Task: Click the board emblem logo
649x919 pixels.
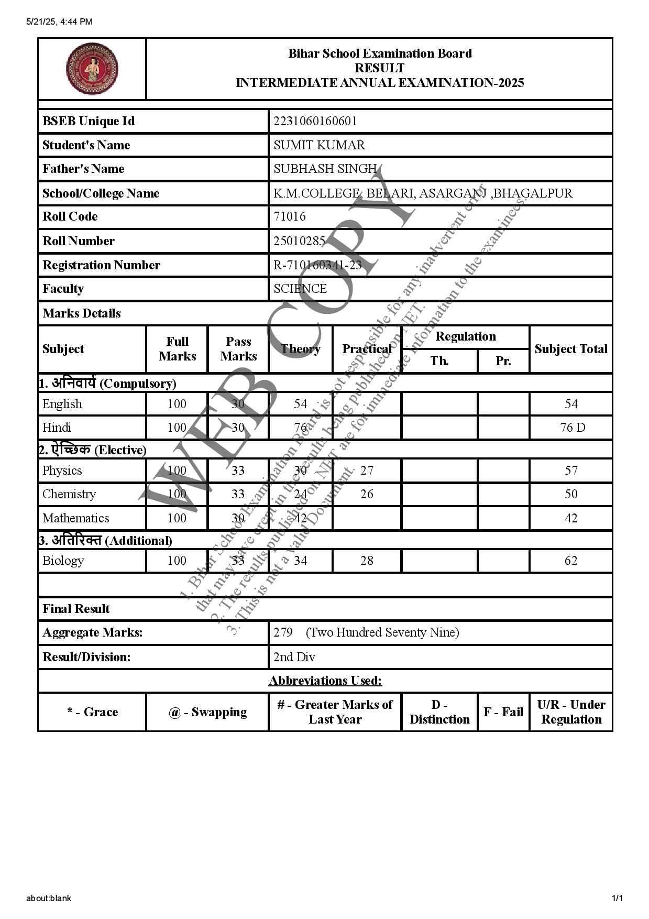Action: pyautogui.click(x=92, y=69)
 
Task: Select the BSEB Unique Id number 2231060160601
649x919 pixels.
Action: pyautogui.click(x=315, y=121)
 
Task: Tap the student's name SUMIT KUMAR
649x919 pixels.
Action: pyautogui.click(x=319, y=145)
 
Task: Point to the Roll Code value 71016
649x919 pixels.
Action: pyautogui.click(x=290, y=216)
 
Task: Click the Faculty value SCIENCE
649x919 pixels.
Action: pyautogui.click(x=300, y=289)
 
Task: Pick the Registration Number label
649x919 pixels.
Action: pyautogui.click(x=101, y=265)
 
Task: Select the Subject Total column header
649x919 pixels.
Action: pyautogui.click(x=571, y=349)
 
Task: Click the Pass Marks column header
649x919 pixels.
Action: pyautogui.click(x=238, y=349)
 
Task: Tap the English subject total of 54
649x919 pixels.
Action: pyautogui.click(x=571, y=404)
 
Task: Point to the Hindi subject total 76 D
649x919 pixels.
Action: pyautogui.click(x=573, y=428)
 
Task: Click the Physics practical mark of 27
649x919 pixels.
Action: pyautogui.click(x=367, y=471)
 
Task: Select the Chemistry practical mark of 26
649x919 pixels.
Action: pyautogui.click(x=367, y=494)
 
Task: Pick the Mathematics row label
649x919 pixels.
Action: pyautogui.click(x=76, y=518)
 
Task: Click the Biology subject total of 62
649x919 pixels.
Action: pyautogui.click(x=571, y=561)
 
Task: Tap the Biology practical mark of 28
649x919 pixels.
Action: pyautogui.click(x=367, y=561)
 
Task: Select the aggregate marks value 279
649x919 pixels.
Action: pyautogui.click(x=283, y=632)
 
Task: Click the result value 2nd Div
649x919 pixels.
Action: pyautogui.click(x=294, y=657)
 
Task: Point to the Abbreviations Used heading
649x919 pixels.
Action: pyautogui.click(x=325, y=681)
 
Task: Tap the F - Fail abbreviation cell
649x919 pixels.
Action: pyautogui.click(x=503, y=712)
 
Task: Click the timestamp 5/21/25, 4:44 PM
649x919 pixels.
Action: pyautogui.click(x=59, y=21)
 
